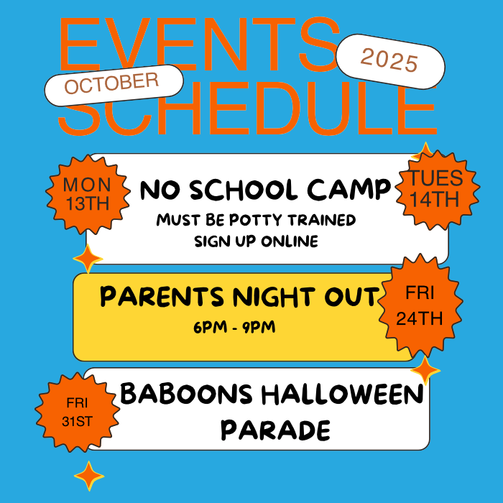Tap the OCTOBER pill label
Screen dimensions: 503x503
pyautogui.click(x=114, y=83)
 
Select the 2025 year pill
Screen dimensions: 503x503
pyautogui.click(x=389, y=60)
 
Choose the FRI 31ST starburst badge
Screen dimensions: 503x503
pyautogui.click(x=75, y=412)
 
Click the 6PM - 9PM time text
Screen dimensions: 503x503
pyautogui.click(x=234, y=328)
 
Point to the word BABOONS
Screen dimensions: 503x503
pyautogui.click(x=185, y=394)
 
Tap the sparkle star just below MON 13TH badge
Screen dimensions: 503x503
pyautogui.click(x=88, y=258)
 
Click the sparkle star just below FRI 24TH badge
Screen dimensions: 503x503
pyautogui.click(x=426, y=371)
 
